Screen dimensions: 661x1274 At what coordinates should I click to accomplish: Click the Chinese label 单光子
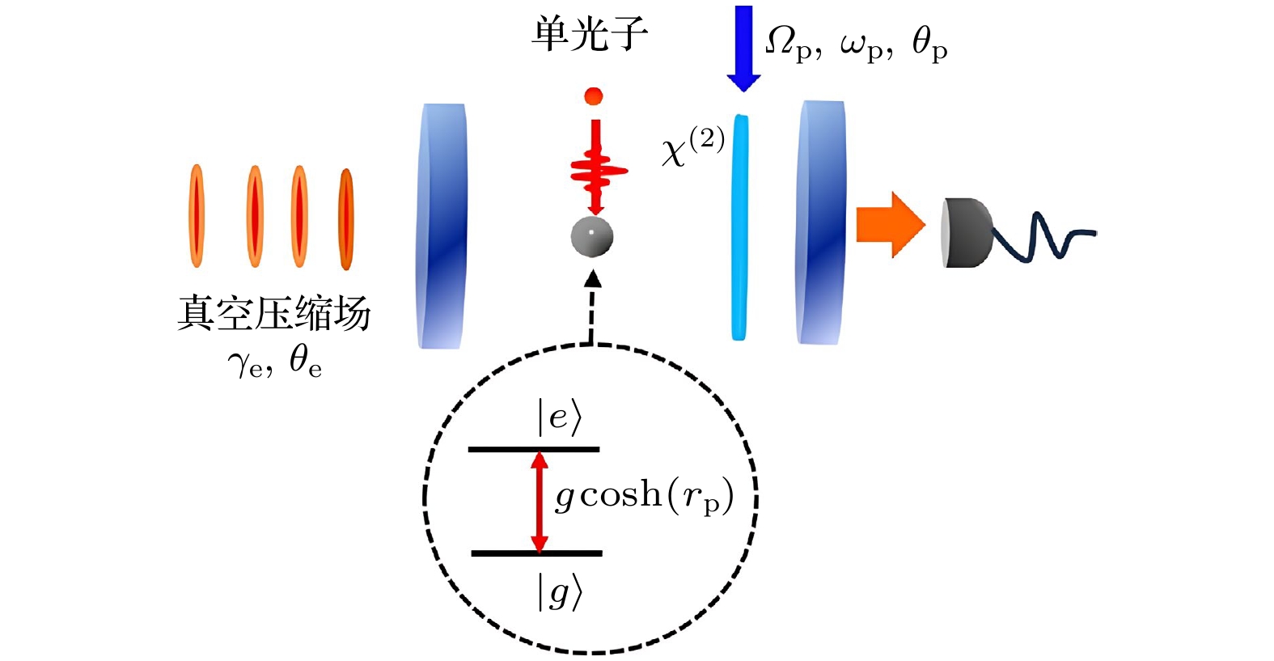pyautogui.click(x=590, y=35)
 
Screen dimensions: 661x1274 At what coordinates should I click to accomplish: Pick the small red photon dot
pyautogui.click(x=594, y=96)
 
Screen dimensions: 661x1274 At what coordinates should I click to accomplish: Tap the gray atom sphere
pyautogui.click(x=592, y=236)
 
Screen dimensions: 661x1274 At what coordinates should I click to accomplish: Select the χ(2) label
pyautogui.click(x=692, y=146)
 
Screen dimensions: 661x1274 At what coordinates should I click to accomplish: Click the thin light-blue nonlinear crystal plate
pyautogui.click(x=739, y=227)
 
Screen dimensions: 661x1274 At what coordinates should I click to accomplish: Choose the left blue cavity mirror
pyautogui.click(x=442, y=227)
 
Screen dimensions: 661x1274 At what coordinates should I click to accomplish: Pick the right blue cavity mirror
pyautogui.click(x=823, y=222)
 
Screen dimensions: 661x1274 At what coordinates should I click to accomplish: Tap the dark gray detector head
pyautogui.click(x=967, y=233)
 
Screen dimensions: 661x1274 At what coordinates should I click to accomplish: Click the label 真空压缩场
pyautogui.click(x=273, y=314)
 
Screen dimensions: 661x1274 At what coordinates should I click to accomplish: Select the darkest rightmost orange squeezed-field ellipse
pyautogui.click(x=347, y=218)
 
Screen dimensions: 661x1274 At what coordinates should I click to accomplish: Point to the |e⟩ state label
pyautogui.click(x=559, y=417)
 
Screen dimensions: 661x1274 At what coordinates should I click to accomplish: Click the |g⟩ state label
pyautogui.click(x=559, y=593)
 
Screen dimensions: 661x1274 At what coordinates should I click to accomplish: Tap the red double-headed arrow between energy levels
pyautogui.click(x=540, y=502)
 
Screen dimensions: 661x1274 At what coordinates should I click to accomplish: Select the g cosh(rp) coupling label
pyautogui.click(x=644, y=495)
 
